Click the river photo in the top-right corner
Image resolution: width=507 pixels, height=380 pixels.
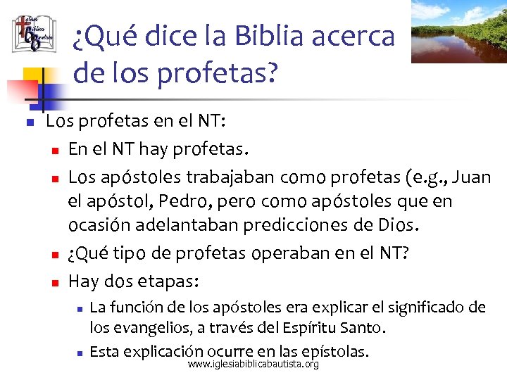point(458,31)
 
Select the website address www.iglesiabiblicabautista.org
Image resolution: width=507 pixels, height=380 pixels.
point(254,365)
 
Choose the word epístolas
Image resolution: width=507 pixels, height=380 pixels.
point(334,350)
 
